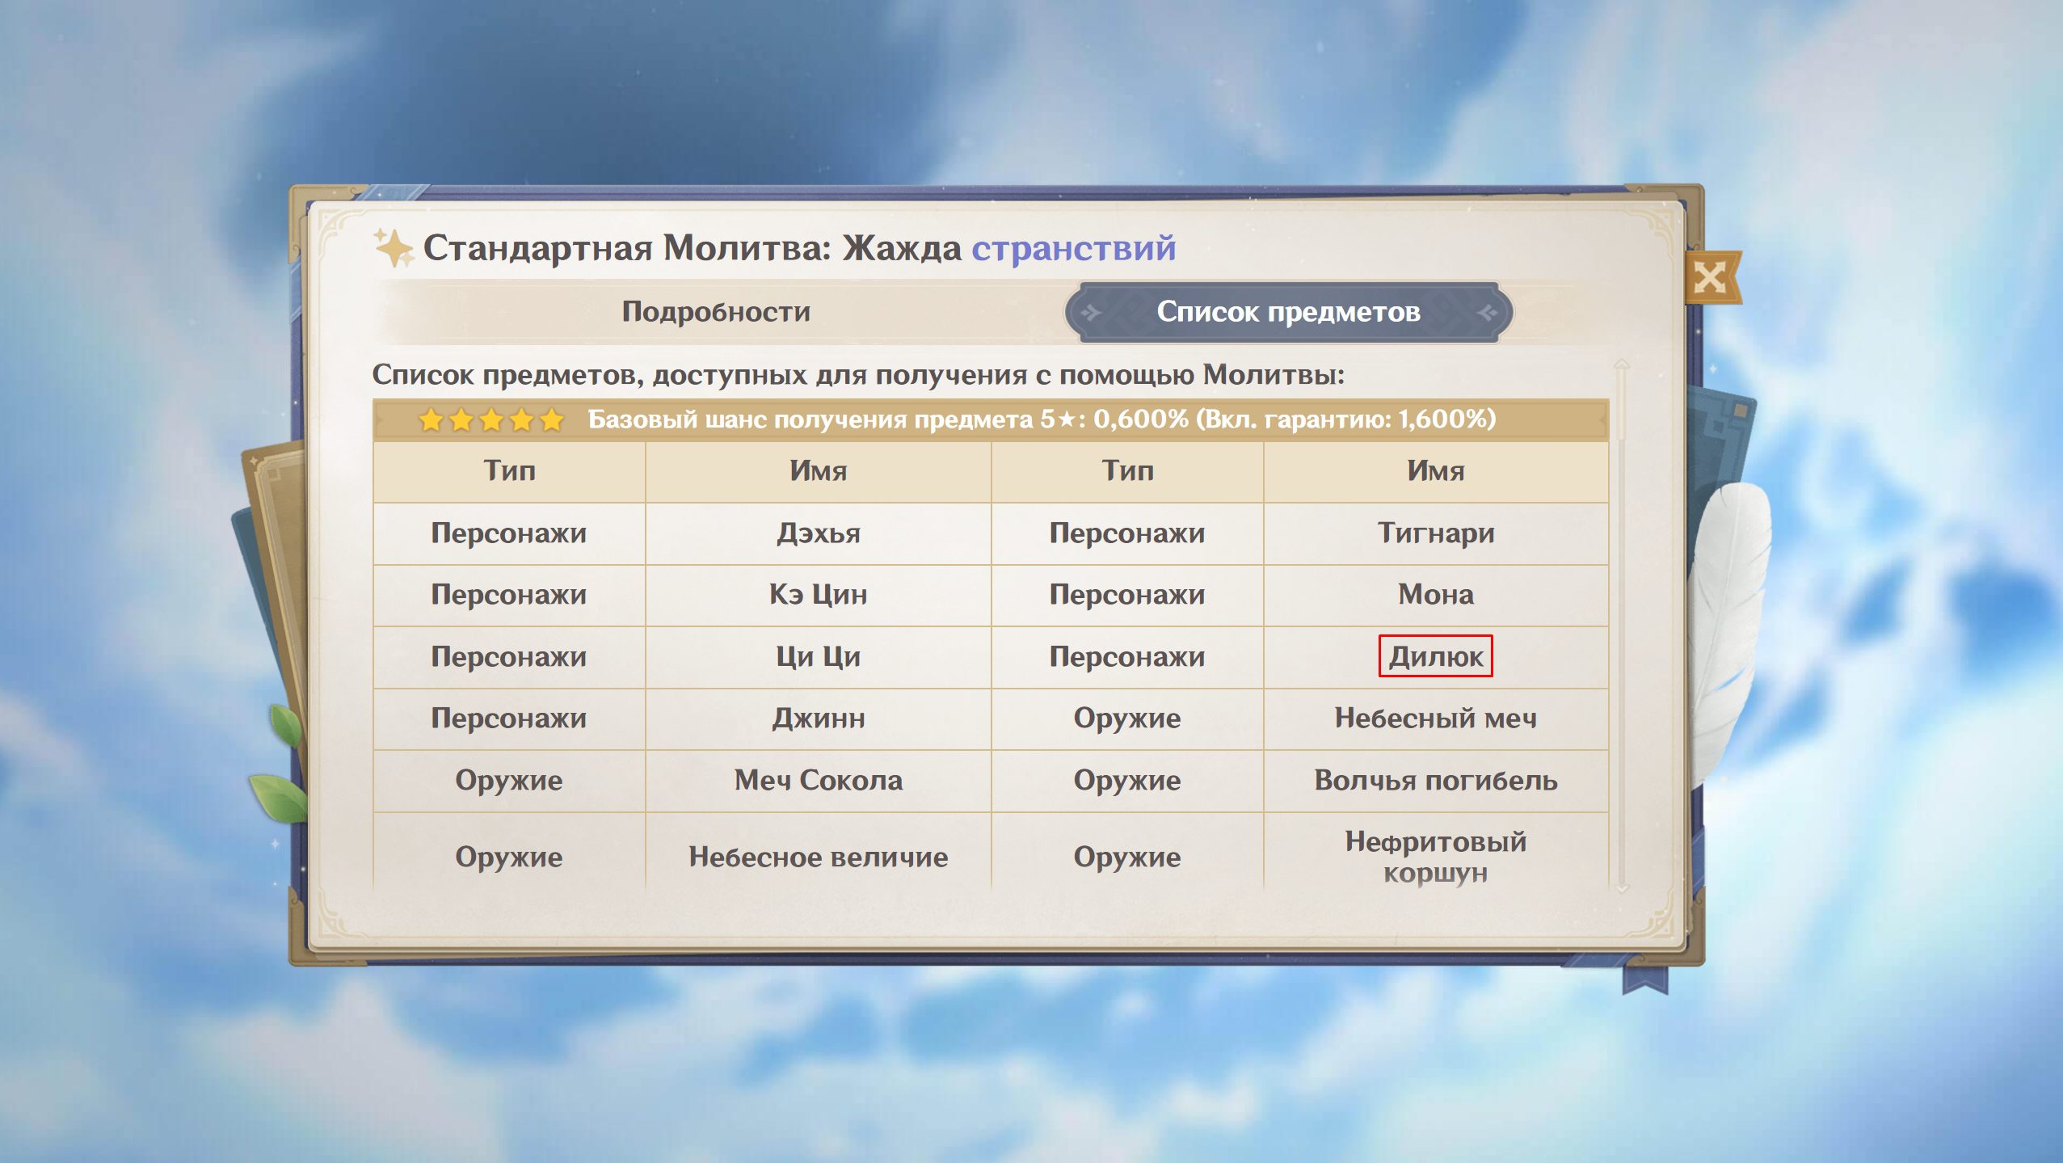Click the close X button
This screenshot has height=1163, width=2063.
pos(1711,278)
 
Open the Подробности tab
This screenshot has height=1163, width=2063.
pos(716,312)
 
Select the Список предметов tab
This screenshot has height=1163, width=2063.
pos(1288,312)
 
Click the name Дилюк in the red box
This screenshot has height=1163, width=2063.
pos(1435,656)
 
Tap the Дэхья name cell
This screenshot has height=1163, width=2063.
pos(818,533)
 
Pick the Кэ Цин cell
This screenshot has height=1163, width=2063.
pos(818,595)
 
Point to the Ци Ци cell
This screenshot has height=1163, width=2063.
pos(818,656)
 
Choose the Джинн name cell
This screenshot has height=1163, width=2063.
pos(818,718)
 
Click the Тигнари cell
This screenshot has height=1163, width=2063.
pos(1436,533)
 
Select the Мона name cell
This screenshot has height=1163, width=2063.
pos(1436,595)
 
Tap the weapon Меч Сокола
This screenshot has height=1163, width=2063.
pos(818,781)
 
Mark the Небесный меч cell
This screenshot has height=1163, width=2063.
pos(1436,718)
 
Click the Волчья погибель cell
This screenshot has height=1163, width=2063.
pos(1436,781)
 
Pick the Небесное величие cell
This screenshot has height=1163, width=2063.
pos(818,857)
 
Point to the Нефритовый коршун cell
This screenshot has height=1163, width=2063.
pos(1436,857)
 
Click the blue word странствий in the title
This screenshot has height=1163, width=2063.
pos(1073,248)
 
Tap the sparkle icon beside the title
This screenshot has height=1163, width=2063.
pos(393,247)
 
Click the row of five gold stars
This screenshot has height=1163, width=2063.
pos(491,420)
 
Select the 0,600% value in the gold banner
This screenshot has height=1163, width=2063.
pos(1140,419)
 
